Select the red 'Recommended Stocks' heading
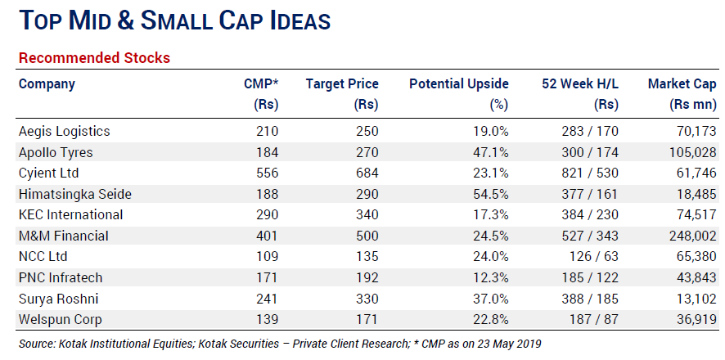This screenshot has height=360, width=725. click(94, 58)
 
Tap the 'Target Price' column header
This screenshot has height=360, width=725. click(342, 84)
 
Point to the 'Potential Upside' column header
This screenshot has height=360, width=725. click(458, 84)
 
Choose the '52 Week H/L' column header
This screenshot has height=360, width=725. click(580, 84)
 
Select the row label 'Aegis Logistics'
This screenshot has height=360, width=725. click(64, 131)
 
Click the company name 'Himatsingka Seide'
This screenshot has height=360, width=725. click(74, 194)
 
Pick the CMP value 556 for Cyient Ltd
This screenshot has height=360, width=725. click(267, 173)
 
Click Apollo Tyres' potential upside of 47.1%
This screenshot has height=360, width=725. click(489, 152)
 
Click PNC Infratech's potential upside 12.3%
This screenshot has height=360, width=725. click(489, 277)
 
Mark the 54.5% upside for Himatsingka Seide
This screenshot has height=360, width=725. click(489, 194)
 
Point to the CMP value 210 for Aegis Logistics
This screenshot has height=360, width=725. click(267, 131)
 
